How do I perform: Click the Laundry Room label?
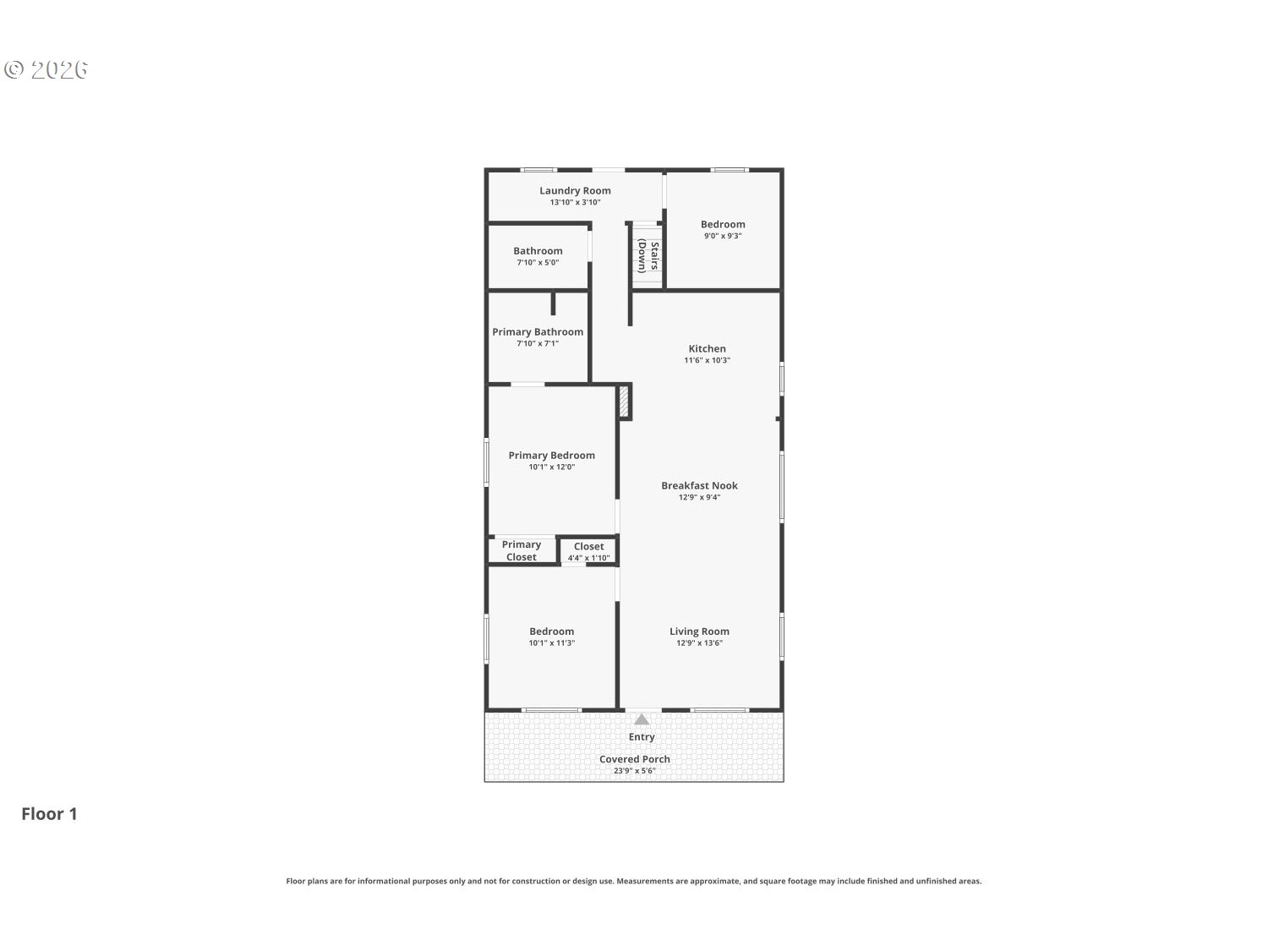(575, 190)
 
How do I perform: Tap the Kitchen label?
(707, 349)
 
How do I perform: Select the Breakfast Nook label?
(699, 485)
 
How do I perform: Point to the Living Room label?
(699, 631)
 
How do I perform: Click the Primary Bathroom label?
(538, 332)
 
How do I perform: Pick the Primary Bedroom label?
(551, 456)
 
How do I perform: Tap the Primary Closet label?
(521, 551)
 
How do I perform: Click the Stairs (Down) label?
(648, 256)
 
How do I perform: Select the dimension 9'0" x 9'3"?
(722, 236)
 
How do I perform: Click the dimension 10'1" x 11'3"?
(551, 642)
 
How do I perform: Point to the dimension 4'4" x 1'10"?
(588, 558)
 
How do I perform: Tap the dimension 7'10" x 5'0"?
(538, 262)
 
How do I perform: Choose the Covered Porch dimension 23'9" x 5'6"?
(634, 770)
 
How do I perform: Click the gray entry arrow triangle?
(642, 720)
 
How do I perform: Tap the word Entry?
(642, 737)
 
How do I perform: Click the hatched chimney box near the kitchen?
(623, 401)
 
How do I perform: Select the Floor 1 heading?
(49, 813)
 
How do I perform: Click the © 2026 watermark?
(46, 69)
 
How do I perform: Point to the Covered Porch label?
(634, 759)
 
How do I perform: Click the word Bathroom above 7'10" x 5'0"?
(538, 251)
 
